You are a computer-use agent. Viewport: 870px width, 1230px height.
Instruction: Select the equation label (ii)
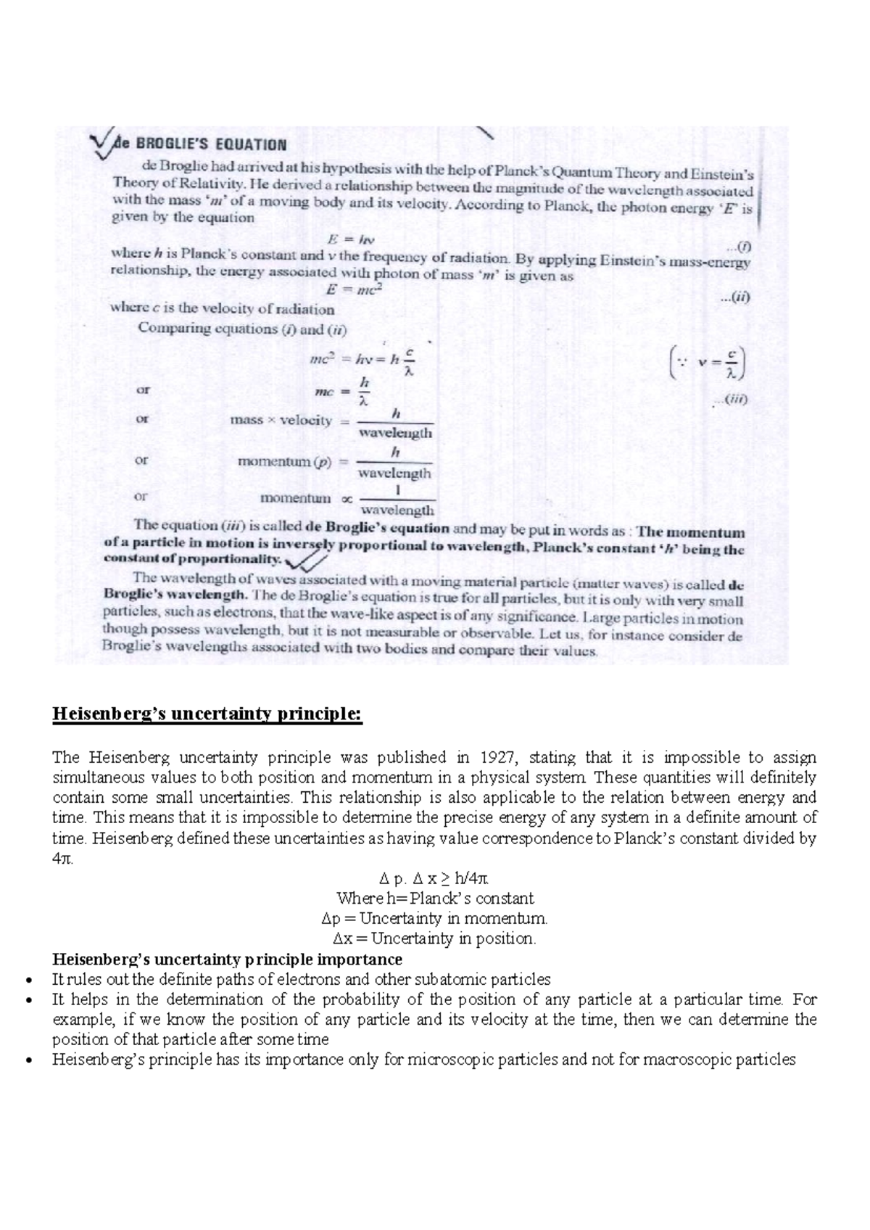[734, 297]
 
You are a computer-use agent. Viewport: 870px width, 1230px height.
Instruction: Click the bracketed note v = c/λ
[708, 362]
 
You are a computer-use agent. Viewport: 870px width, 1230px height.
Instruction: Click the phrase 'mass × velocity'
[281, 421]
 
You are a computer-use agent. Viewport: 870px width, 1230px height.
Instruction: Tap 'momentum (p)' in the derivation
[284, 461]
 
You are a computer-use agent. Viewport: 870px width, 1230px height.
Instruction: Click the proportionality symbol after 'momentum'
[347, 499]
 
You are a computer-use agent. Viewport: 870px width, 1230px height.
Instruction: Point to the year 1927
[499, 757]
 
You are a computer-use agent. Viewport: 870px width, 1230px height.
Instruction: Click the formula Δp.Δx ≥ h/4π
[435, 878]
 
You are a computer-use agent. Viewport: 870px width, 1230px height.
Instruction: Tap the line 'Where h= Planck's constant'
[435, 899]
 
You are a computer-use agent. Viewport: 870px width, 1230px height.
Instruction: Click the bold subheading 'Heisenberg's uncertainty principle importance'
[227, 959]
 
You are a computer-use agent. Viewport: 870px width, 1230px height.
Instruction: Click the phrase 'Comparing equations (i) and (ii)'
[242, 329]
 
